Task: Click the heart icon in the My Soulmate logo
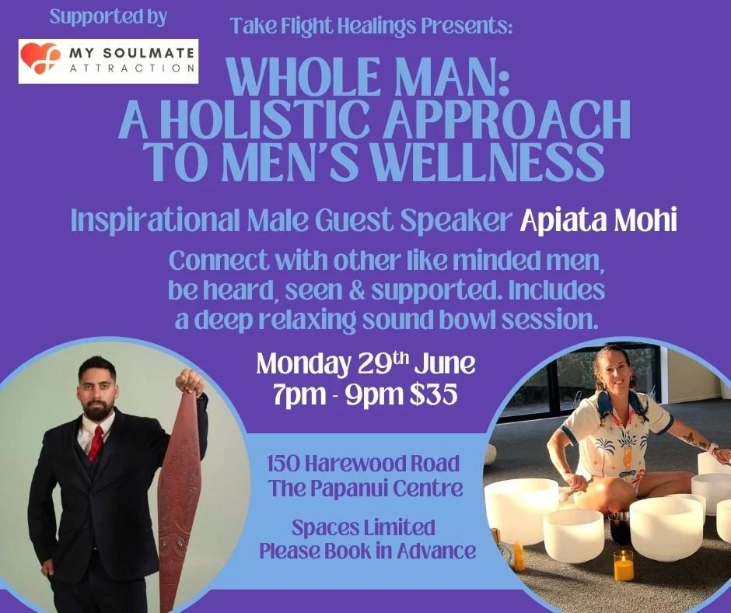click(x=40, y=58)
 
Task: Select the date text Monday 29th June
click(x=365, y=364)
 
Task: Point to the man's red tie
click(x=96, y=443)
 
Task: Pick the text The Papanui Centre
click(x=365, y=488)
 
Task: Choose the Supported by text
click(x=108, y=18)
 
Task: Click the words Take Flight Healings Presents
click(x=372, y=26)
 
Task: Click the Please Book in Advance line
click(x=367, y=551)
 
